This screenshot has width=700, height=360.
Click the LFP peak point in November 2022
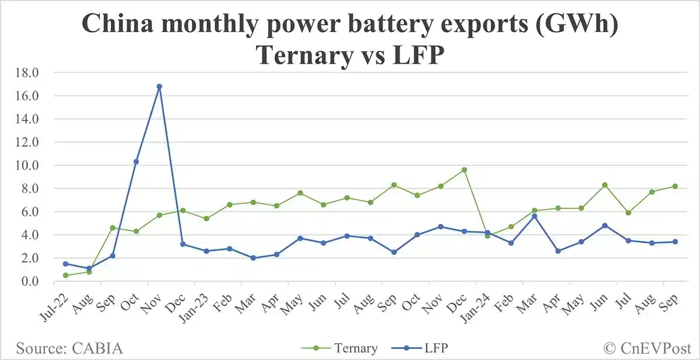click(x=159, y=86)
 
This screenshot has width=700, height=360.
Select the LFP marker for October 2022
click(x=136, y=162)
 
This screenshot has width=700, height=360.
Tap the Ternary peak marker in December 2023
click(x=464, y=170)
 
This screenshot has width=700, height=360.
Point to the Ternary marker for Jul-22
click(x=65, y=275)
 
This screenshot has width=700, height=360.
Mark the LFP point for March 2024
click(x=534, y=216)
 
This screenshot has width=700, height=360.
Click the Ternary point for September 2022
click(x=113, y=228)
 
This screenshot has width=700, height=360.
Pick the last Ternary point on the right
click(x=675, y=186)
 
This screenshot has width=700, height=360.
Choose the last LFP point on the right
click(x=675, y=242)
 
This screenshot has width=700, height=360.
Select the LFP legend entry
click(x=429, y=349)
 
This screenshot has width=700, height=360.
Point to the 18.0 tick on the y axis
click(x=29, y=73)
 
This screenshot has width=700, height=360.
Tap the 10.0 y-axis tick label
click(x=29, y=165)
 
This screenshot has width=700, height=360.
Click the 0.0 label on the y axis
click(x=31, y=281)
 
